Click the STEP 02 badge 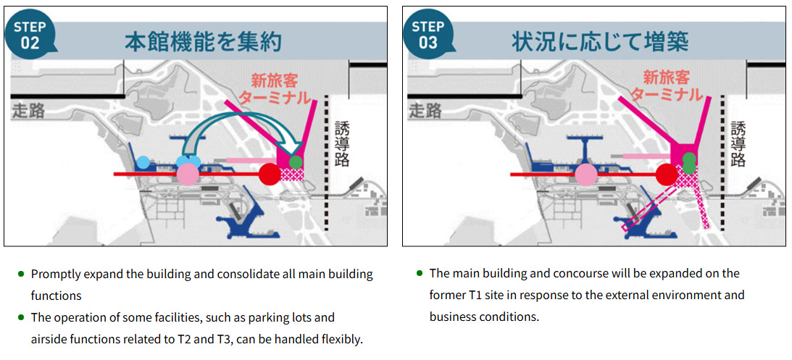[29, 34]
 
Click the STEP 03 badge [428, 34]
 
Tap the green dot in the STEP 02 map [296, 162]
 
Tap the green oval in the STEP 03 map [689, 162]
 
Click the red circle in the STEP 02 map [270, 175]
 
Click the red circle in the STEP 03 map [667, 175]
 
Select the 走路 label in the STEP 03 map [425, 110]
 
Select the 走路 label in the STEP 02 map [28, 110]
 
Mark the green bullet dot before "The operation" [21, 318]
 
